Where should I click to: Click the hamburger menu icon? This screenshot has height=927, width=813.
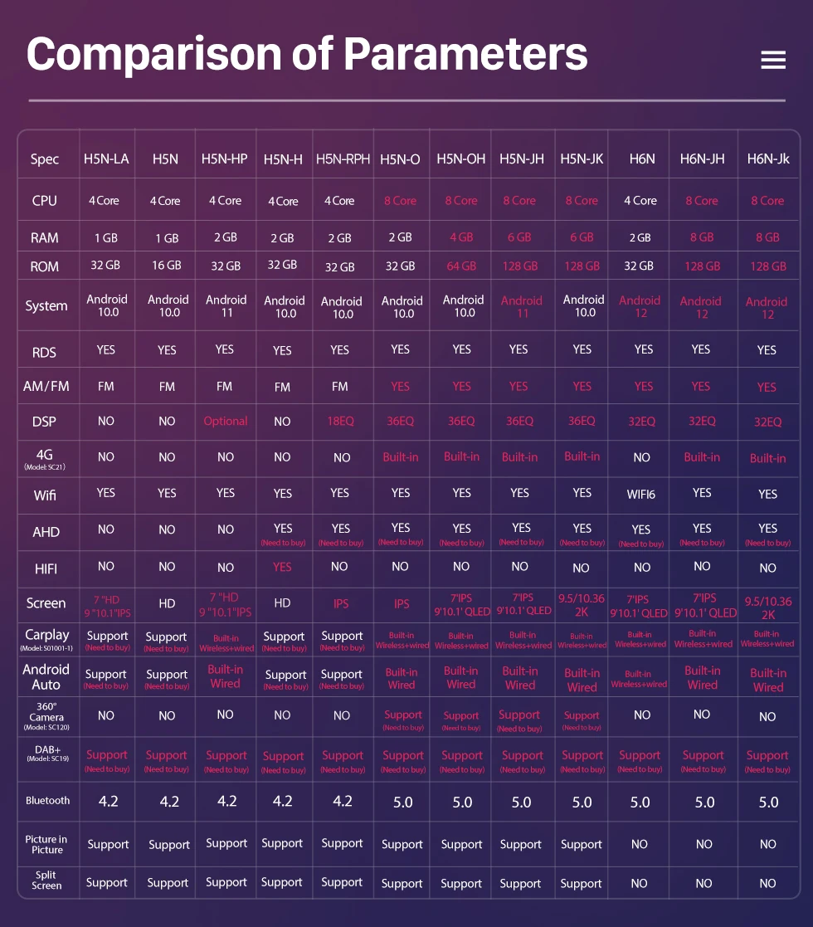772,60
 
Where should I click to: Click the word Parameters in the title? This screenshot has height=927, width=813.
465,54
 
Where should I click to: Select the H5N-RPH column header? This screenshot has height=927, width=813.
343,159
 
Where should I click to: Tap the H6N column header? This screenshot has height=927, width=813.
642,159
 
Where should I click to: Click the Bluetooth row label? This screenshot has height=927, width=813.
47,801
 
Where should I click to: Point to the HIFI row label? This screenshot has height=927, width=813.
46,568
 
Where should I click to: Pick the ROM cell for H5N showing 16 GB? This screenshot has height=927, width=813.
167,266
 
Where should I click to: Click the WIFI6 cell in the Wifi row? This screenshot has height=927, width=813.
640,495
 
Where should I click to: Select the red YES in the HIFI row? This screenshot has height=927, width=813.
282,567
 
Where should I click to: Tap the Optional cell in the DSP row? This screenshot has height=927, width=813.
226,421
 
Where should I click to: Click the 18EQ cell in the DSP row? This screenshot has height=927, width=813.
340,421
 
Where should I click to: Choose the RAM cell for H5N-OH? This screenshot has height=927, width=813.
461,237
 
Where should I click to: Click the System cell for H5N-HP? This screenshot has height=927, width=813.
226,306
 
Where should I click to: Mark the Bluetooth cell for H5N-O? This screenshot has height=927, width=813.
402,803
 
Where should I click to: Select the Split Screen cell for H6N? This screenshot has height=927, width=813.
639,883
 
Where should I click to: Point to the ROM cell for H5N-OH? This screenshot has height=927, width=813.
461,266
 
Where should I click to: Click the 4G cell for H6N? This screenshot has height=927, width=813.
641,457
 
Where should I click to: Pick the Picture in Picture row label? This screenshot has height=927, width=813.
46,844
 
